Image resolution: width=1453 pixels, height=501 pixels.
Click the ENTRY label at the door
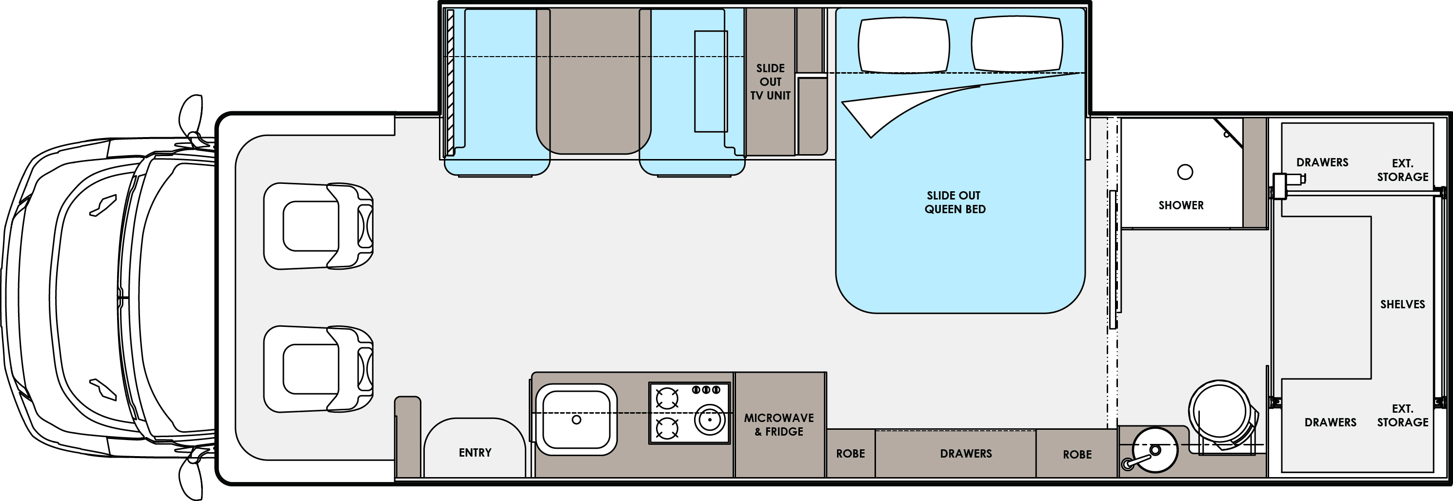pos(475,453)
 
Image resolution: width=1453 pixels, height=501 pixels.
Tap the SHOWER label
pos(1181,205)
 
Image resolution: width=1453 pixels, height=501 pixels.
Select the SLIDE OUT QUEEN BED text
pos(955,202)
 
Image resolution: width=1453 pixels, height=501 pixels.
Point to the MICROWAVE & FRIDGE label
pos(779,425)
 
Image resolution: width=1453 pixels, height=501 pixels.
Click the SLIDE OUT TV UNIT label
pos(771,82)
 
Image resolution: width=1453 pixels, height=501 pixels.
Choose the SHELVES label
pos(1402,304)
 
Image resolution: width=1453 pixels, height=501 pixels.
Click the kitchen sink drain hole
pos(577,420)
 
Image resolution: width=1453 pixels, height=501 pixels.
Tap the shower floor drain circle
pos(1185,172)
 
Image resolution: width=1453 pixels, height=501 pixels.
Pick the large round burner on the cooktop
pos(709,420)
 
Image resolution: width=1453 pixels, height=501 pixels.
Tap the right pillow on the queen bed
pos(1017,44)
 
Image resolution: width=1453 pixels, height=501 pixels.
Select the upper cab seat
pos(318,226)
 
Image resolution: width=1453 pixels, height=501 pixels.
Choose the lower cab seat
pos(318,369)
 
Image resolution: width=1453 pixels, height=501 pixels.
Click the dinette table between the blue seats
pos(594,80)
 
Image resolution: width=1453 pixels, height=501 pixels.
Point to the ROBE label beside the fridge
pos(850,454)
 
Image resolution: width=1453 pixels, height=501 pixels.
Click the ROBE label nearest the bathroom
pos(1077,454)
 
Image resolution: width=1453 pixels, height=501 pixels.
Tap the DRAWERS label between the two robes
pos(966,454)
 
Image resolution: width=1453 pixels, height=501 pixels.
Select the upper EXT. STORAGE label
pos(1402,170)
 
